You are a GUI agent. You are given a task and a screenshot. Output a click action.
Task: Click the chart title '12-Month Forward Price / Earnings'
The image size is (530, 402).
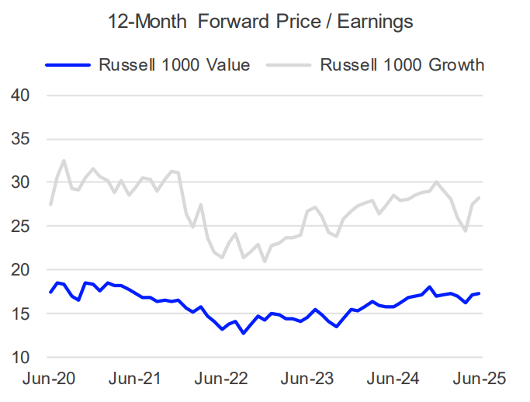coord(261,23)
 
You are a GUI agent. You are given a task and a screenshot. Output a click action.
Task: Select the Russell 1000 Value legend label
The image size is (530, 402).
coord(174,64)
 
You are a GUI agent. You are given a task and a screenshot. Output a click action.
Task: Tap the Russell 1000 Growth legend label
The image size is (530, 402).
coord(402,64)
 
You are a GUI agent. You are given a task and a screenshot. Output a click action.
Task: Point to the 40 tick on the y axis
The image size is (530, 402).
coord(21,95)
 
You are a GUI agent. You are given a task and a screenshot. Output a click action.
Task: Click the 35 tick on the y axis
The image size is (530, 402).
coord(21,139)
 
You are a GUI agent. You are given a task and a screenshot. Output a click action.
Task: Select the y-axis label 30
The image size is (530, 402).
coord(21,182)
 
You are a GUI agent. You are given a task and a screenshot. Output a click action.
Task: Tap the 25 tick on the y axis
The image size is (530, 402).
coord(21,227)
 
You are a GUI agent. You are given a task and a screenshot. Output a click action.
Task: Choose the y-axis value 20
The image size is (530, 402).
coord(21,270)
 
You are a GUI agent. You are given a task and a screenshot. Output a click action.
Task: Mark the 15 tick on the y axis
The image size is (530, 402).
coord(21,314)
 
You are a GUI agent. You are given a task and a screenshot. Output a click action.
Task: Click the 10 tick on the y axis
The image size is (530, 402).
coord(21,358)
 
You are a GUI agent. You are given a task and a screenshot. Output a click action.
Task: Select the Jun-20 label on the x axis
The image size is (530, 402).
coord(49,379)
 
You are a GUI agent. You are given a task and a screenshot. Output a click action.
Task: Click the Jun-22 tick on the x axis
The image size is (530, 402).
coord(222,379)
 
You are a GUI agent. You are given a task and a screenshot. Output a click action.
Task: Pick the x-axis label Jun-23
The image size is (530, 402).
coord(308,379)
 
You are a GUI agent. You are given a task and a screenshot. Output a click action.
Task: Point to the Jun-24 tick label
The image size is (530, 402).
coord(394,379)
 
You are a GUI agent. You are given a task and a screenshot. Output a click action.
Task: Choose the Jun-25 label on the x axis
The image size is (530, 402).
coord(480,379)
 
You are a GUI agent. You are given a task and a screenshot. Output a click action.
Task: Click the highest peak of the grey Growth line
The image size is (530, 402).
coord(64,161)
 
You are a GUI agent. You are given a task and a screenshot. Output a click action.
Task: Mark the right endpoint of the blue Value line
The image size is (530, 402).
coord(480,293)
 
